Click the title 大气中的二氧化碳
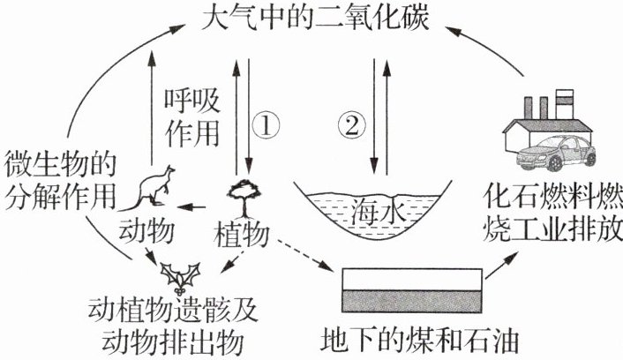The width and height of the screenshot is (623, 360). [x=316, y=18]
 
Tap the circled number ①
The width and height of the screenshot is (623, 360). [x=266, y=125]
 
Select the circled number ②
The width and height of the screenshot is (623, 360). [x=351, y=125]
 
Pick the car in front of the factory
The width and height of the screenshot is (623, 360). [x=555, y=153]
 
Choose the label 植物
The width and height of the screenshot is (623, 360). [x=241, y=235]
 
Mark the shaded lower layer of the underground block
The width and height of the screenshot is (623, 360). [x=412, y=301]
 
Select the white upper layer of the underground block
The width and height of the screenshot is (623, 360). [x=412, y=280]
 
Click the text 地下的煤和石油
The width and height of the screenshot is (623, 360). [x=419, y=340]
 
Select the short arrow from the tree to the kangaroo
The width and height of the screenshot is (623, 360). [x=191, y=206]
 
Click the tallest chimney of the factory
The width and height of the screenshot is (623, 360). [x=565, y=104]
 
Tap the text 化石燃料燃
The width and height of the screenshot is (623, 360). [x=552, y=196]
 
